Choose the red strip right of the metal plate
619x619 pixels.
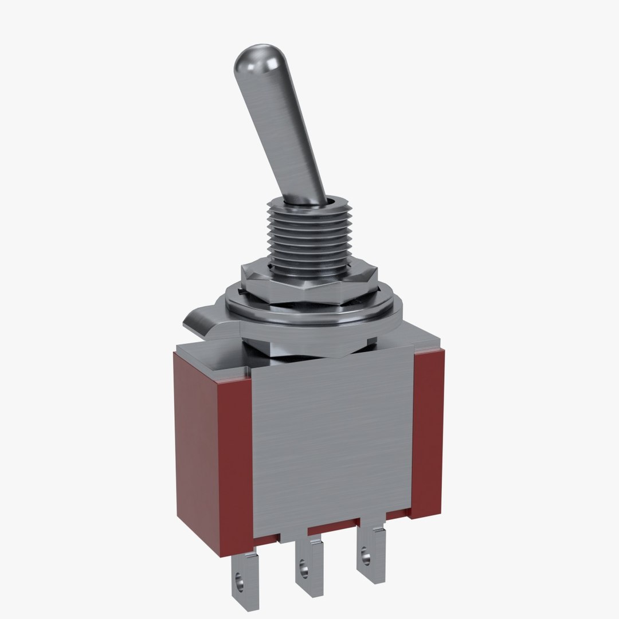428,430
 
